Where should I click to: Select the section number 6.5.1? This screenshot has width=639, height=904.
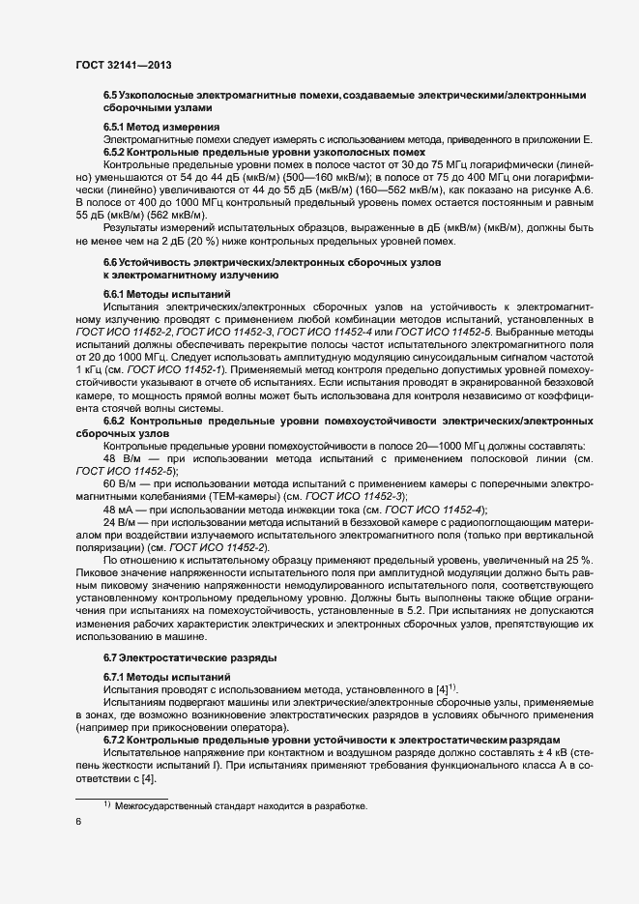click(x=117, y=128)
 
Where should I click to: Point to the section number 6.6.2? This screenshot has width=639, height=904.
click(x=117, y=422)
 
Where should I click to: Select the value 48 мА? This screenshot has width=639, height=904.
click(x=121, y=510)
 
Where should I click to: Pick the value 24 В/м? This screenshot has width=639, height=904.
click(x=123, y=523)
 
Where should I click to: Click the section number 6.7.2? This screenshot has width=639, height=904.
click(x=117, y=738)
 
